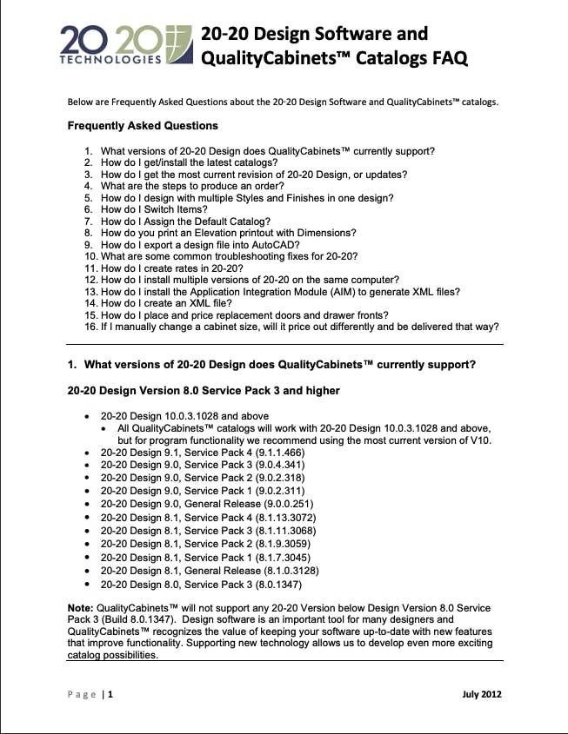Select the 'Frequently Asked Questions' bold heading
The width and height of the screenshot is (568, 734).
143,126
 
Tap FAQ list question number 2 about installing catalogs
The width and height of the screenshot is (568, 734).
189,162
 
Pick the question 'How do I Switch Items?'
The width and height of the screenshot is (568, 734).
154,209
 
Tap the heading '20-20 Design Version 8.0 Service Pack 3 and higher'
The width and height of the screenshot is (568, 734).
204,391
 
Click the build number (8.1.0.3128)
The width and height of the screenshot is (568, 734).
285,571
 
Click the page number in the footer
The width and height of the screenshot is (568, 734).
110,694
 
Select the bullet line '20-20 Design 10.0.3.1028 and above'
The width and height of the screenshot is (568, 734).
184,416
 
